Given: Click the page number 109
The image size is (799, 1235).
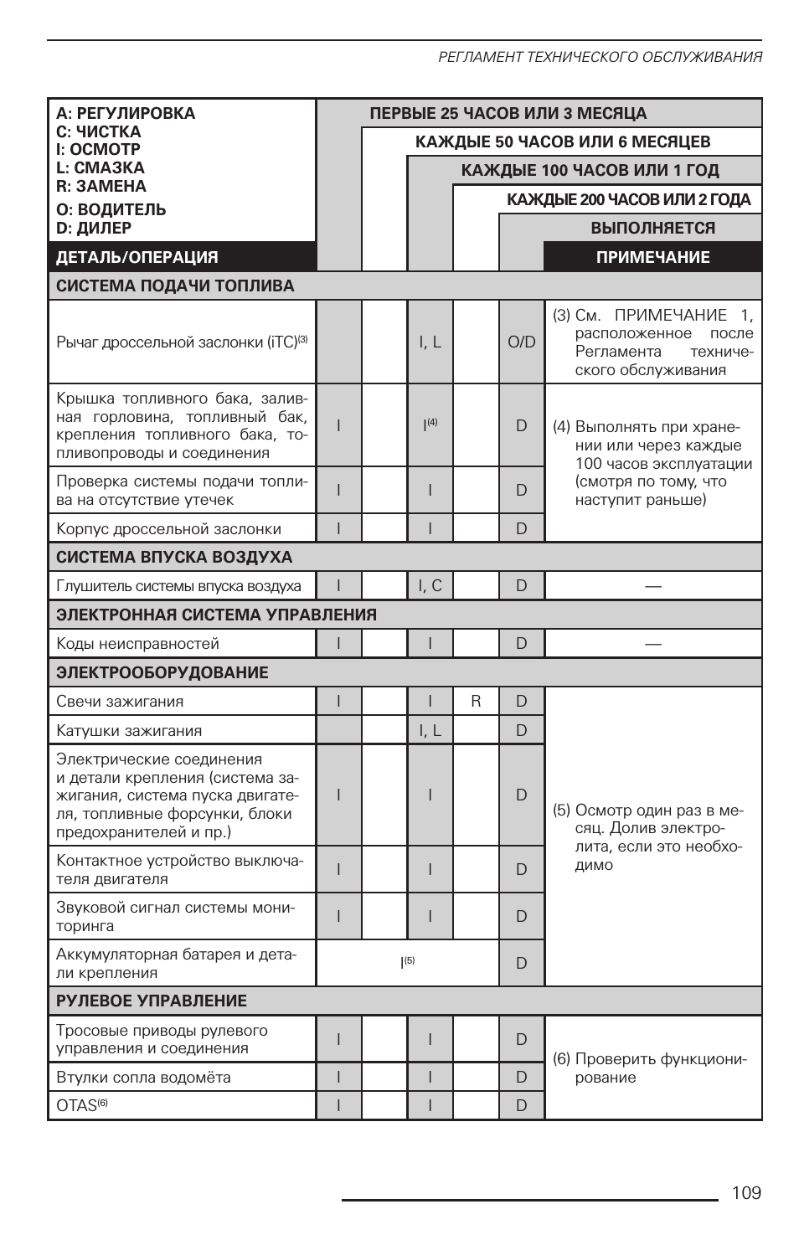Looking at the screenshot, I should tap(745, 1192).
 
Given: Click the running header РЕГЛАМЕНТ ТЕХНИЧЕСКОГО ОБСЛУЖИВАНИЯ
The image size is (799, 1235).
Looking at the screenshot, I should tap(600, 57).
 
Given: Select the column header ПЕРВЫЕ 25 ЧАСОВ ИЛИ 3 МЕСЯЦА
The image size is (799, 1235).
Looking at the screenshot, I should tap(508, 113).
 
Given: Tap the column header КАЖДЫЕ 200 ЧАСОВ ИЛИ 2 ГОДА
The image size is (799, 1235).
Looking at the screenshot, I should tap(628, 199).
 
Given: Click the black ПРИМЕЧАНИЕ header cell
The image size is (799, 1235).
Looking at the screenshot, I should tap(652, 257).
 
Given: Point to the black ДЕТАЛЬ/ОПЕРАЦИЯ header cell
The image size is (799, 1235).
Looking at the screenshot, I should tap(137, 257).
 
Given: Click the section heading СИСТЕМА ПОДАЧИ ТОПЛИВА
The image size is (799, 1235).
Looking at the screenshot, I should tap(175, 286).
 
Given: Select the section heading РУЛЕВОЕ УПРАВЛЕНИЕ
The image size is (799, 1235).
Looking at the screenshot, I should tap(152, 1001).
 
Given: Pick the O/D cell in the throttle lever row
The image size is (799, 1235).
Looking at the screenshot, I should tap(521, 342).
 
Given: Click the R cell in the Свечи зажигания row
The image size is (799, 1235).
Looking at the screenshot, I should tap(476, 701).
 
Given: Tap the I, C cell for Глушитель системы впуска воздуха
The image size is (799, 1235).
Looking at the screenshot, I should tap(430, 585).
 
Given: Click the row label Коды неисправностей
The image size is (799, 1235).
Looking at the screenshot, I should tap(137, 643).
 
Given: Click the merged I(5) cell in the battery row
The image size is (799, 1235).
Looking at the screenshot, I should tap(407, 963).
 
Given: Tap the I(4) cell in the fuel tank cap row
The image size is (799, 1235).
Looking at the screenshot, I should tap(430, 425).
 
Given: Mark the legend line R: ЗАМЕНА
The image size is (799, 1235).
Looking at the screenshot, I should tap(101, 186).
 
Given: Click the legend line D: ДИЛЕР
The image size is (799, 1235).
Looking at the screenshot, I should tap(94, 228).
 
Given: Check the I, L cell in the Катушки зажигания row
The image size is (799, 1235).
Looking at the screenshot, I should tap(430, 730).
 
